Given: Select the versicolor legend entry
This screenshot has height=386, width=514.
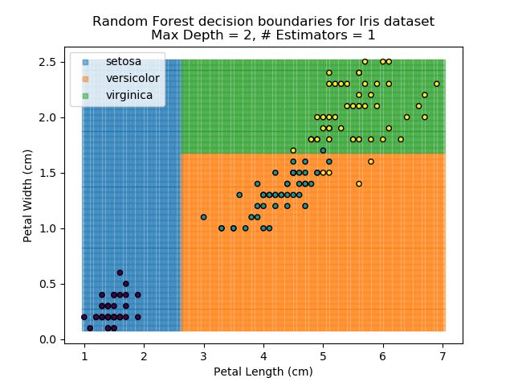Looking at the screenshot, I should click(132, 78).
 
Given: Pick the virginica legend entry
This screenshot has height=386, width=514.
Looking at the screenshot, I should click(128, 95).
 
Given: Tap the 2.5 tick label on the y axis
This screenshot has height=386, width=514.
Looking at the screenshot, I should click(49, 62).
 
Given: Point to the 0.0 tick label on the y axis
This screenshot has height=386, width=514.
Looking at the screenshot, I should click(49, 339).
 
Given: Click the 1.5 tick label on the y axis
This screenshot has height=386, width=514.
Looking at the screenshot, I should click(49, 173).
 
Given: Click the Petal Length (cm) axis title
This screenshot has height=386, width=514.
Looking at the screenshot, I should click(263, 372).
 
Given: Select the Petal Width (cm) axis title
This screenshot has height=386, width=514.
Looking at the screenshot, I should click(28, 195).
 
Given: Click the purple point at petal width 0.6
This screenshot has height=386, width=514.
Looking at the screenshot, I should click(120, 273).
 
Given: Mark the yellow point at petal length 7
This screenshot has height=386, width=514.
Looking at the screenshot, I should click(437, 84).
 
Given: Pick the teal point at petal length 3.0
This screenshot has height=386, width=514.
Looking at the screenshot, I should click(203, 217).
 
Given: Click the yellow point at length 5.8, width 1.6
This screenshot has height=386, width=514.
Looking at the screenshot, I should click(371, 162).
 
